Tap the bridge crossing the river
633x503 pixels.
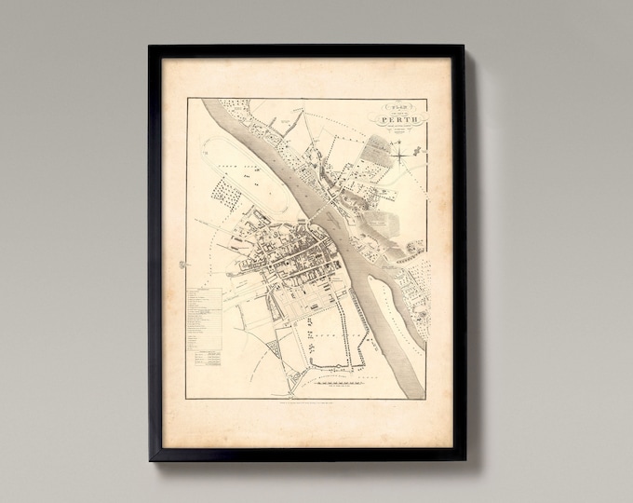[x=321, y=213]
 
